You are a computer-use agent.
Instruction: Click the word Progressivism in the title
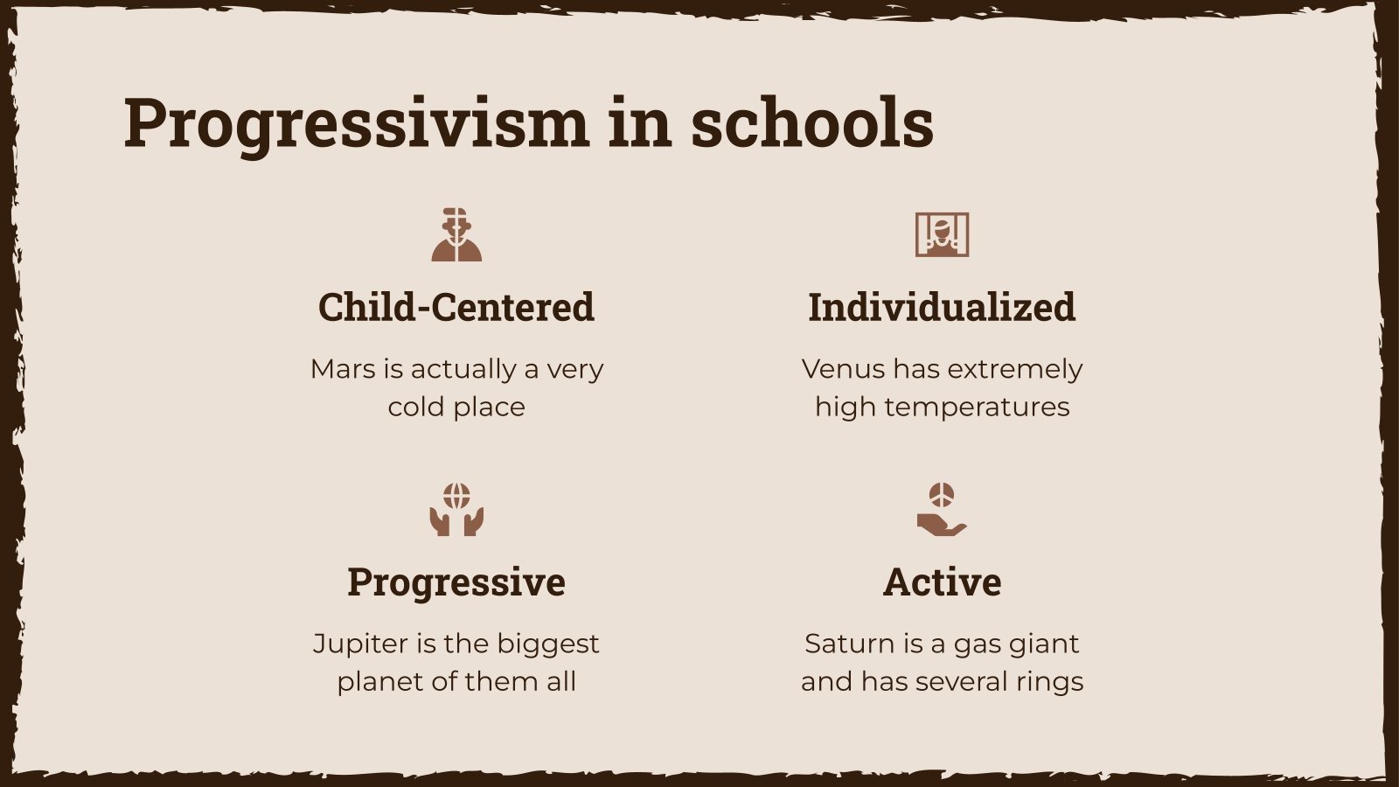click(357, 123)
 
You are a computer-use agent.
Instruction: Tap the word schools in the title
click(812, 123)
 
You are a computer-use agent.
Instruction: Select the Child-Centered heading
click(456, 307)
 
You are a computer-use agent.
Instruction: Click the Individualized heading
click(942, 307)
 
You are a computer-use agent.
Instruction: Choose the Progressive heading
click(456, 582)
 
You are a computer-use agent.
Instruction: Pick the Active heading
click(942, 582)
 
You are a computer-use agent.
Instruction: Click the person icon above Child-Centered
click(456, 234)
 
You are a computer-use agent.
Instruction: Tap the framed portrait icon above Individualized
click(942, 234)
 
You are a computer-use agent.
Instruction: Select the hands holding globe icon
click(456, 509)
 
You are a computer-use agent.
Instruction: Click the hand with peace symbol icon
click(942, 509)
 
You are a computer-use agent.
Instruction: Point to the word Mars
click(343, 369)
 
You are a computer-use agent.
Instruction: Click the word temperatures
click(977, 407)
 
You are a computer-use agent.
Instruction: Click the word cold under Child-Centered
click(416, 407)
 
